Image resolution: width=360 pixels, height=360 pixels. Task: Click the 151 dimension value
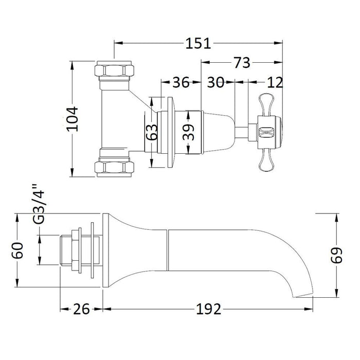coord(198,43)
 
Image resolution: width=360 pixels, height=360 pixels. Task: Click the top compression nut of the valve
coord(115,69)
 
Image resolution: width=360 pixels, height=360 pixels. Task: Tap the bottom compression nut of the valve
coord(115,167)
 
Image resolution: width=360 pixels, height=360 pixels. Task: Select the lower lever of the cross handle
coord(268,160)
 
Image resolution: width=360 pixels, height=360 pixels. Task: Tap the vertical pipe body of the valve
coord(115,118)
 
